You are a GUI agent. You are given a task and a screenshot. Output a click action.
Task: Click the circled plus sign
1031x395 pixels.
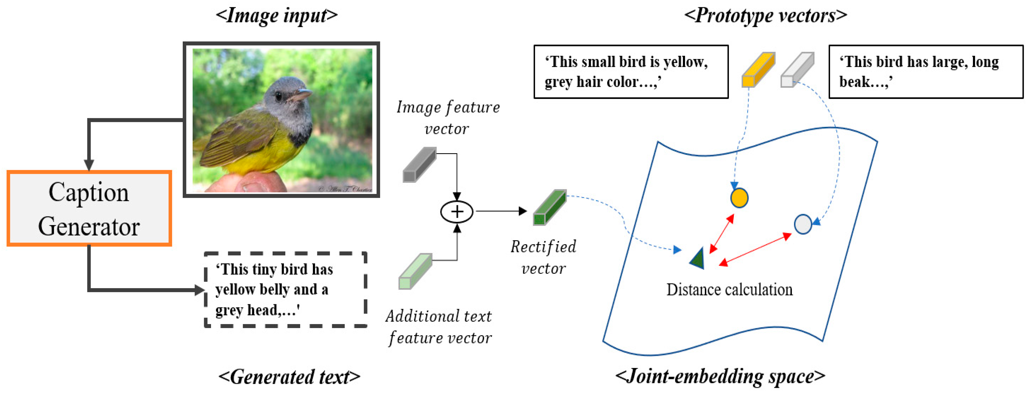click(x=457, y=212)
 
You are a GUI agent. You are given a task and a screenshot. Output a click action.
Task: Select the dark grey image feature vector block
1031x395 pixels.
click(x=419, y=165)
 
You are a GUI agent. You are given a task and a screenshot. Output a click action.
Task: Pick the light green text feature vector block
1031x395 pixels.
click(x=415, y=271)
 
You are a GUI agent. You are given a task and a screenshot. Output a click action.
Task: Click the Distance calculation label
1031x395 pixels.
click(x=729, y=289)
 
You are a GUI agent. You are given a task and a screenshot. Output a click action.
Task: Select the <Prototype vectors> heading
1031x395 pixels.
click(x=765, y=16)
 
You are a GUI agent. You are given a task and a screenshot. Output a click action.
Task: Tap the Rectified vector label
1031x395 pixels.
click(x=543, y=257)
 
